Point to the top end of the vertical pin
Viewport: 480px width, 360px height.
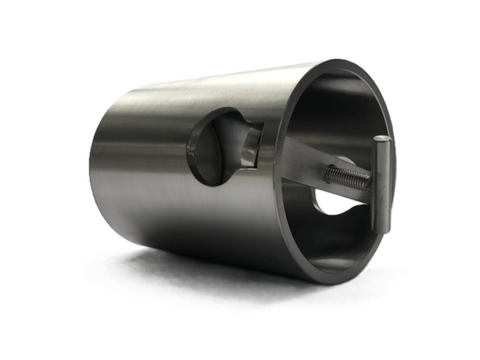click(x=382, y=140)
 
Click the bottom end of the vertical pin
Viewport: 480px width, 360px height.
click(x=379, y=232)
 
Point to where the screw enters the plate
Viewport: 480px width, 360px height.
click(x=324, y=171)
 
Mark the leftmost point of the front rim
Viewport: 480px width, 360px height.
click(x=274, y=170)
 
